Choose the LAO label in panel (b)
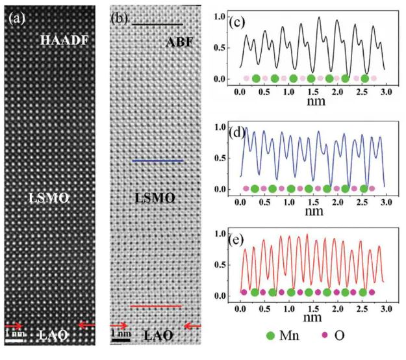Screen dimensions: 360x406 tap(159, 335)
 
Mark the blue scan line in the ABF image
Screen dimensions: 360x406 tap(157, 161)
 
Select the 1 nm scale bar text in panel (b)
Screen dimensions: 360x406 tap(121, 333)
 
